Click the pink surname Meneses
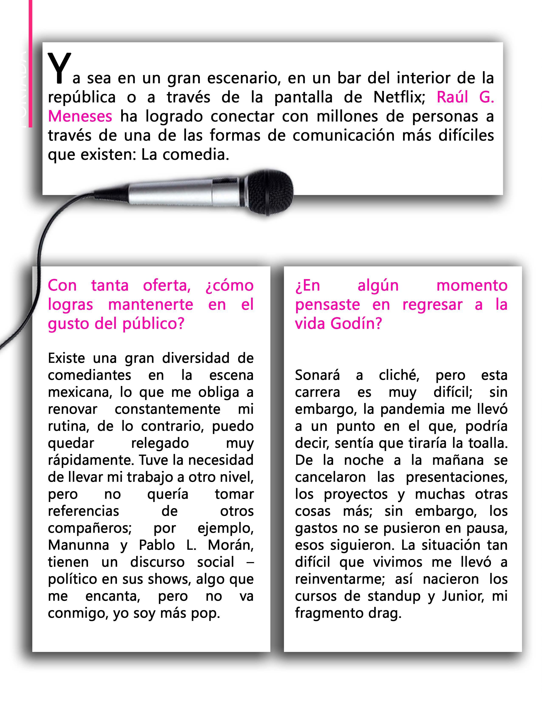pyautogui.click(x=80, y=116)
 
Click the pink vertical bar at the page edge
pyautogui.click(x=31, y=64)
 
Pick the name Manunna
pyautogui.click(x=79, y=545)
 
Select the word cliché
pyautogui.click(x=399, y=375)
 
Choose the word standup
pyautogui.click(x=394, y=596)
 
